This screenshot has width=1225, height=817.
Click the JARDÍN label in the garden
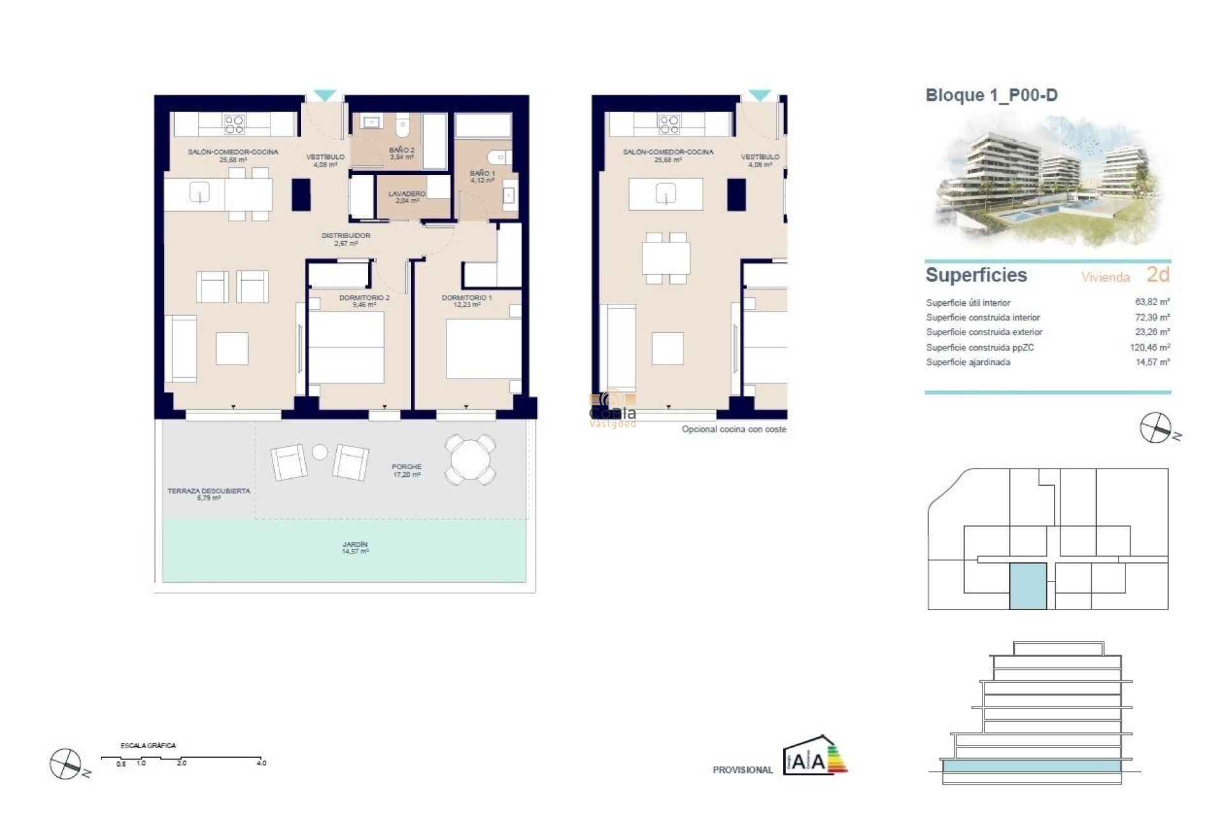pyautogui.click(x=355, y=548)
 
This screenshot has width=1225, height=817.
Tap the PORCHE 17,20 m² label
pyautogui.click(x=406, y=470)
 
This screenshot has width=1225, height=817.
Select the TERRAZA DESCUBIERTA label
pyautogui.click(x=209, y=494)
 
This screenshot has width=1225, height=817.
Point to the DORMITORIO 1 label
pyautogui.click(x=466, y=301)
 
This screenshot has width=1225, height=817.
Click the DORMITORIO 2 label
pyautogui.click(x=364, y=301)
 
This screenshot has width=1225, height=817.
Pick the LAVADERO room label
pyautogui.click(x=406, y=197)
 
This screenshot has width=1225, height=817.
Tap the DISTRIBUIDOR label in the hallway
pyautogui.click(x=346, y=239)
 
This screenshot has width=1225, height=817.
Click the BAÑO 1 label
pyautogui.click(x=482, y=176)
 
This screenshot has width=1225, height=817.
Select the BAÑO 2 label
pyautogui.click(x=401, y=153)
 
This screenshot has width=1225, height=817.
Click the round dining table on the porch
pyautogui.click(x=470, y=459)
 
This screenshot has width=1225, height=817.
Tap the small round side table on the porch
pyautogui.click(x=320, y=453)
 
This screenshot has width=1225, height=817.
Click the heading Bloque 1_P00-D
pyautogui.click(x=991, y=95)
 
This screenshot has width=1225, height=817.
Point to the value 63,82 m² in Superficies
pyautogui.click(x=1152, y=302)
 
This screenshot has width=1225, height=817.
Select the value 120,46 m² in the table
pyautogui.click(x=1150, y=347)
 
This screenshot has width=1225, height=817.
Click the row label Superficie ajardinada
pyautogui.click(x=968, y=362)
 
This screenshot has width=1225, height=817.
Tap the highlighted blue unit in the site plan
pyautogui.click(x=1028, y=585)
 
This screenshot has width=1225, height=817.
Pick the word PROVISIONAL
pyautogui.click(x=743, y=770)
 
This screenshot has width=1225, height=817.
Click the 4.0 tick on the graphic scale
pyautogui.click(x=261, y=762)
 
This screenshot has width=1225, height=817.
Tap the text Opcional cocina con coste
pyautogui.click(x=734, y=429)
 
